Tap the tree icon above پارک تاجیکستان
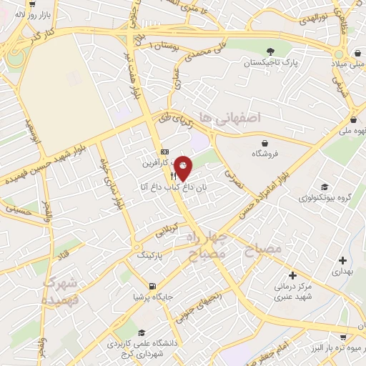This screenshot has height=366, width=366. tap(271, 51)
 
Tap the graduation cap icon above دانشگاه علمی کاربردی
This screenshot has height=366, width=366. tap(141, 333)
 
